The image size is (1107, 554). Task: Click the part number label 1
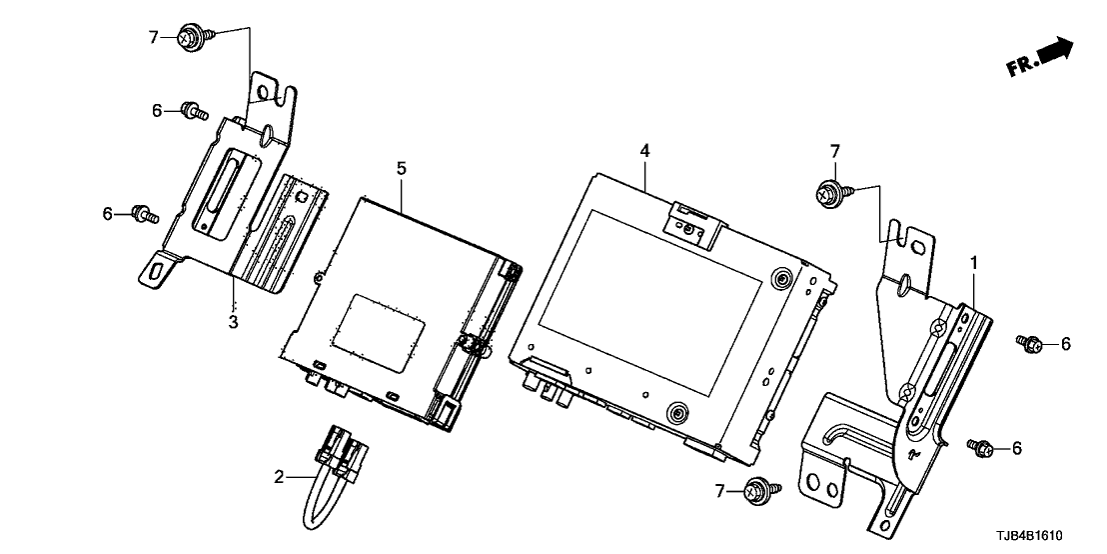pyautogui.click(x=975, y=262)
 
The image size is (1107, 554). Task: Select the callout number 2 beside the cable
pyautogui.click(x=279, y=477)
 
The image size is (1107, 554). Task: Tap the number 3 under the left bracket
pyautogui.click(x=233, y=322)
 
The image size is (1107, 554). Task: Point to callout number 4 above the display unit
pyautogui.click(x=645, y=150)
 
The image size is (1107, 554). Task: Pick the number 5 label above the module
pyautogui.click(x=401, y=168)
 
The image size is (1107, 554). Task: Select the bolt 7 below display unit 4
pyautogui.click(x=755, y=491)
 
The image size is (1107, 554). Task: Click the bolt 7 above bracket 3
pyautogui.click(x=190, y=37)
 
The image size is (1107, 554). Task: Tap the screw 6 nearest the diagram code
pyautogui.click(x=979, y=446)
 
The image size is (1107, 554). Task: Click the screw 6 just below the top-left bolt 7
pyautogui.click(x=190, y=110)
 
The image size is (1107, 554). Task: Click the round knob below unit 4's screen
pyautogui.click(x=677, y=411)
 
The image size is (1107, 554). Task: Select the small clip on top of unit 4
pyautogui.click(x=693, y=222)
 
